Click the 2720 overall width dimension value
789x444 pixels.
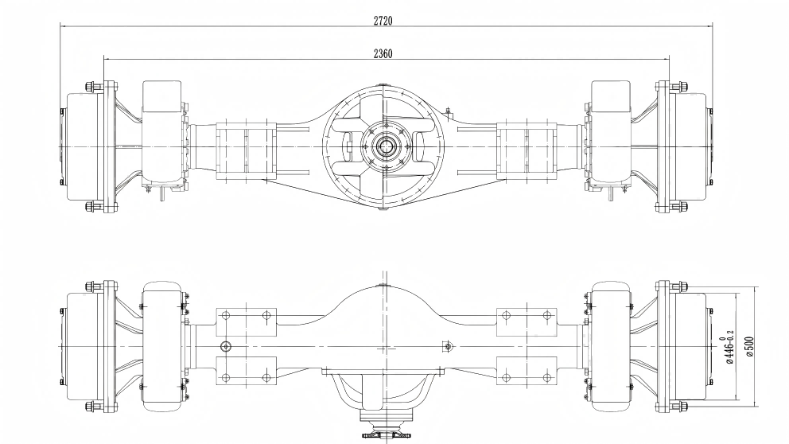click(x=383, y=20)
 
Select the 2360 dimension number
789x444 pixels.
click(x=383, y=53)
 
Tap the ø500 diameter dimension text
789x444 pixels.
click(x=749, y=346)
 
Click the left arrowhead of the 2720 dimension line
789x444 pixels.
click(x=64, y=25)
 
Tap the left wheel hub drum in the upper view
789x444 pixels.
click(x=81, y=147)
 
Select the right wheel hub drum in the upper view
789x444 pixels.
click(x=690, y=147)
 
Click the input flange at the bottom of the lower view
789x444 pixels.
click(x=387, y=430)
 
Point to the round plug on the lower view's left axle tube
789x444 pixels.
click(x=226, y=346)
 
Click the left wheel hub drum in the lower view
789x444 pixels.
click(x=81, y=348)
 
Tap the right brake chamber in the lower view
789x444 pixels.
click(x=610, y=347)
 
